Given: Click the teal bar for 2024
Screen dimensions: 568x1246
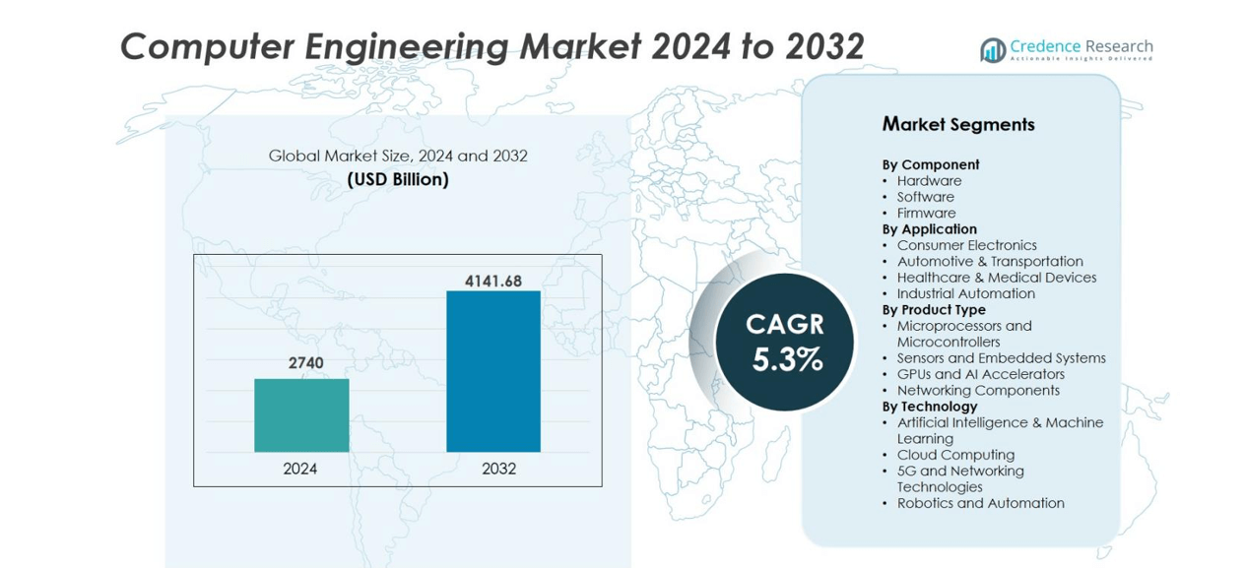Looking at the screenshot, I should pos(301,415).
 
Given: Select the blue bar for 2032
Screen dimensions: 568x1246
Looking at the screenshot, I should pos(493,371).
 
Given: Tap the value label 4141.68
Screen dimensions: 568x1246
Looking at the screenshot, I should pos(493,282).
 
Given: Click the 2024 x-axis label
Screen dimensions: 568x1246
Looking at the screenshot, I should pos(300,469).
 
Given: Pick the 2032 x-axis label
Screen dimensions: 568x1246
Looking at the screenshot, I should pos(498,469).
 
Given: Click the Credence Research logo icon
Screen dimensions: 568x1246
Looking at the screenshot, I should pos(992,50).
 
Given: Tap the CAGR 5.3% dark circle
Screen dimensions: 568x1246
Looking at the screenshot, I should pos(785,342).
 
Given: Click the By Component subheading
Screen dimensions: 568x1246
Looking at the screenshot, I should pos(931,164).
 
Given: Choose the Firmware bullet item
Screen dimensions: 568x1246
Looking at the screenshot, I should pos(926,213).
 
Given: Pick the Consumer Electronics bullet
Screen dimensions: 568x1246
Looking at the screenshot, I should pos(966,245).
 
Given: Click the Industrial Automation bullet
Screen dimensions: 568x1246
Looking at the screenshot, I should pos(965,293).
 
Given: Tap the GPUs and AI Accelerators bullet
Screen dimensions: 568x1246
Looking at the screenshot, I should pos(980,374).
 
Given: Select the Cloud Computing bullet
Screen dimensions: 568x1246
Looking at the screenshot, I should pos(955,455).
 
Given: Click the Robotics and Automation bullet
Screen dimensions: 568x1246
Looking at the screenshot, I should pos(980,503).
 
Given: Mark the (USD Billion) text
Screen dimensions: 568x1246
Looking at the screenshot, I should pos(398,179).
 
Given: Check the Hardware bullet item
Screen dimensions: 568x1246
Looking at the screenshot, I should pos(929,181).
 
